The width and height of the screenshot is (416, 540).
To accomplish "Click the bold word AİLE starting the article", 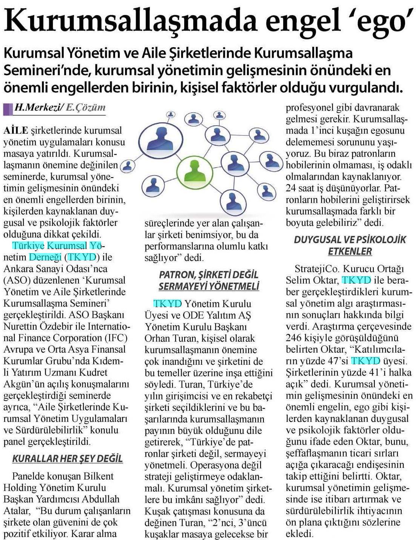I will pyautogui.click(x=15, y=131).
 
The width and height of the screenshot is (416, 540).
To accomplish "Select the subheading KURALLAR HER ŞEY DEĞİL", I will pyautogui.click(x=68, y=459).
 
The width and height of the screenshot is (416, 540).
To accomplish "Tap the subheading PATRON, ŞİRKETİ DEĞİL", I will pyautogui.click(x=208, y=275).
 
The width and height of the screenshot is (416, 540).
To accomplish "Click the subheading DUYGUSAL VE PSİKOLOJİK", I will pyautogui.click(x=350, y=239).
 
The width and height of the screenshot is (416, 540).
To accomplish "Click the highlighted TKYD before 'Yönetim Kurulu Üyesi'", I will pyautogui.click(x=167, y=304).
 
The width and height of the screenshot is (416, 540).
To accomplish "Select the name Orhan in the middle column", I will pyautogui.click(x=157, y=338).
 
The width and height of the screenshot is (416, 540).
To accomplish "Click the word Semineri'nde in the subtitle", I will pyautogui.click(x=43, y=70).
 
